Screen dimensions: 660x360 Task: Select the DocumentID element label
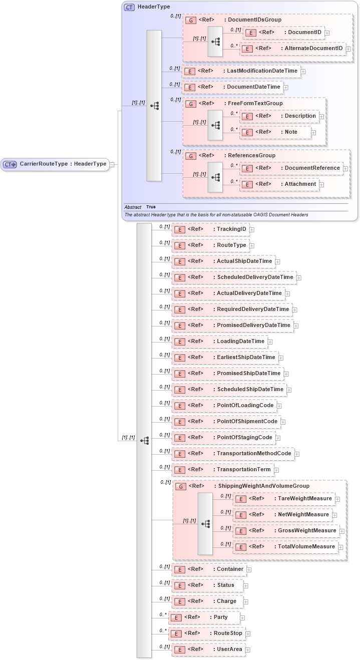(302, 33)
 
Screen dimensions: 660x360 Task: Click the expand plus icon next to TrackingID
(252, 230)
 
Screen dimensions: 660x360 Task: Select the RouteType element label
(231, 245)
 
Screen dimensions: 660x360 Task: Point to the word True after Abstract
(151, 207)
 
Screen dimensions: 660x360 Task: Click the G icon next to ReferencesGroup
(191, 156)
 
